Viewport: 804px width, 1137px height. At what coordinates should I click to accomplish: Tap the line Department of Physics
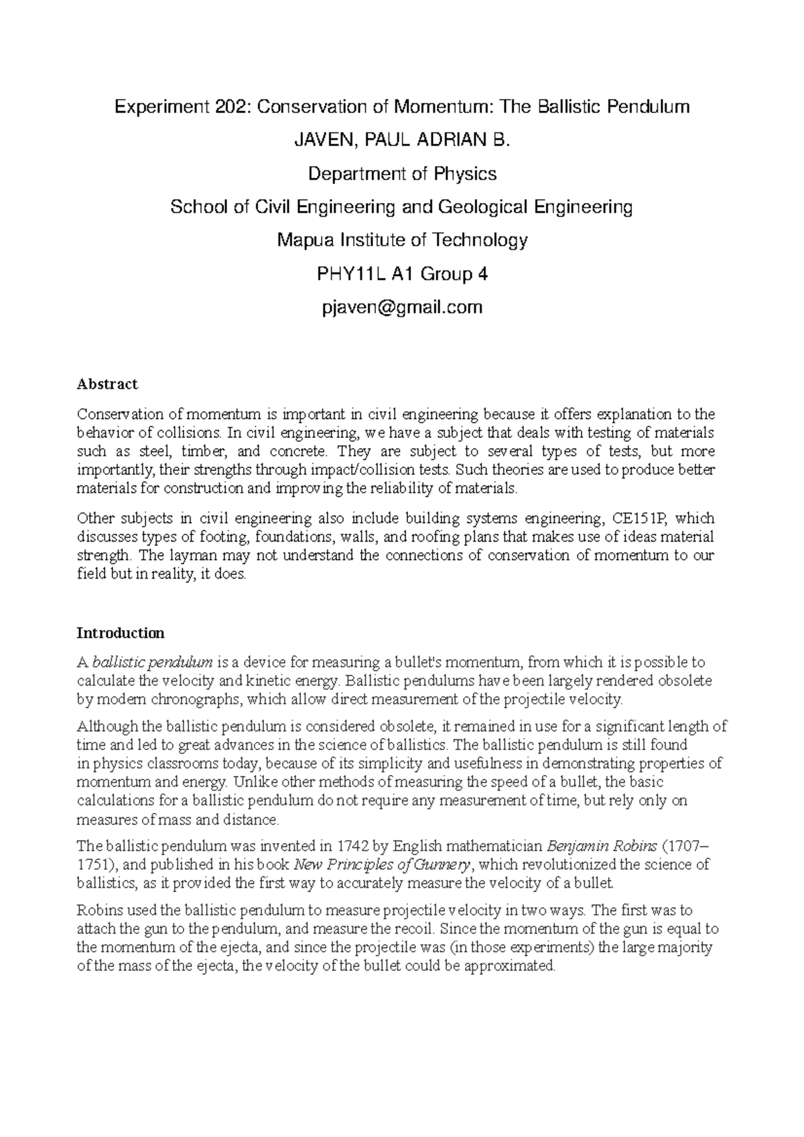click(x=402, y=174)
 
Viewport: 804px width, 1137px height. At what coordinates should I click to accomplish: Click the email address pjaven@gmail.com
click(x=402, y=307)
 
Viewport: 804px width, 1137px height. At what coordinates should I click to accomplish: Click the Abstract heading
click(x=107, y=384)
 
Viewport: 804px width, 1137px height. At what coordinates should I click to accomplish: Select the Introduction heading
click(x=121, y=633)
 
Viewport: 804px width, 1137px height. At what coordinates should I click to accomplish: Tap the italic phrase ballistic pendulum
click(x=153, y=663)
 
